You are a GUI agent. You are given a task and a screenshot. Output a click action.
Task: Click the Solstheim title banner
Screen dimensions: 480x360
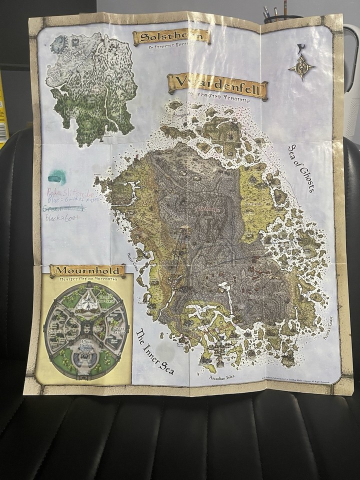click(171, 37)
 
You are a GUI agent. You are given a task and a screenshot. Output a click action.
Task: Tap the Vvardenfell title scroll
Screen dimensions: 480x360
click(217, 83)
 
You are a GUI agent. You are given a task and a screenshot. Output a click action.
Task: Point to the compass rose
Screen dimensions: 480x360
click(301, 67)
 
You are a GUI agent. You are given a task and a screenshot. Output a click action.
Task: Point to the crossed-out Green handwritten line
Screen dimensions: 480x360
click(63, 208)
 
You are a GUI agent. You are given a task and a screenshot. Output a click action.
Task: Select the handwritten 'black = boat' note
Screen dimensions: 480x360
click(62, 217)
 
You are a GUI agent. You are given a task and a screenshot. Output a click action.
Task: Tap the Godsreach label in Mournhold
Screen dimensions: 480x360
click(55, 331)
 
